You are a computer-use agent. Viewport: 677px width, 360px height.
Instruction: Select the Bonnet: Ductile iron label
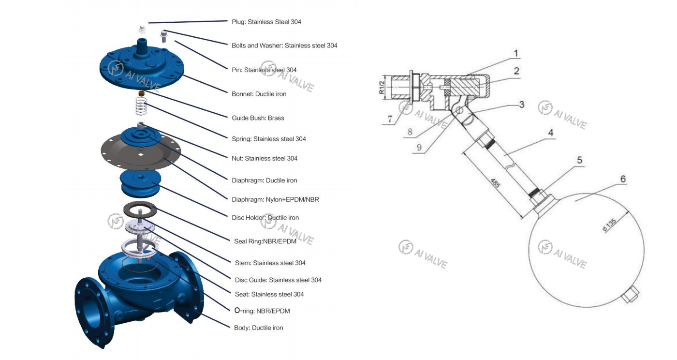coord(259,94)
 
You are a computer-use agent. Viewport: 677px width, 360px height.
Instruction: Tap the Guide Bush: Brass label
coord(258,118)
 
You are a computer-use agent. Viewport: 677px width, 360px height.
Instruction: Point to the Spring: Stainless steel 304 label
coord(268,139)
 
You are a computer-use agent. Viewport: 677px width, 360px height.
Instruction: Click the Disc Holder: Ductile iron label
coord(265,218)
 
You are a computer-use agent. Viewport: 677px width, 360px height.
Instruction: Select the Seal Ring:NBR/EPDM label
coord(265,241)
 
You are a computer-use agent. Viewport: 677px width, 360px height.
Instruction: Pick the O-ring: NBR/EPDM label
coord(262,311)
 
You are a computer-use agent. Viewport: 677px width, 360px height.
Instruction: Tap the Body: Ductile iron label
coord(258,328)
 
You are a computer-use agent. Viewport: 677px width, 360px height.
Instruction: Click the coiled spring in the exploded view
coord(140,106)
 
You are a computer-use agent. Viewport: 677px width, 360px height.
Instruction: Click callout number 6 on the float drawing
coord(623,179)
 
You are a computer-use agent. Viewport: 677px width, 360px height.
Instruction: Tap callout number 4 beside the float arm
coord(551,132)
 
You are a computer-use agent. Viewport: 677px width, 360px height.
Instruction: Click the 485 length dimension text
coord(494,183)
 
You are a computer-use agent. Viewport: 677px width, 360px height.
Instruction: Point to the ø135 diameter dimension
coord(609,225)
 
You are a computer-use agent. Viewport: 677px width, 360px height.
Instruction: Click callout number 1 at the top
coord(516,53)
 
